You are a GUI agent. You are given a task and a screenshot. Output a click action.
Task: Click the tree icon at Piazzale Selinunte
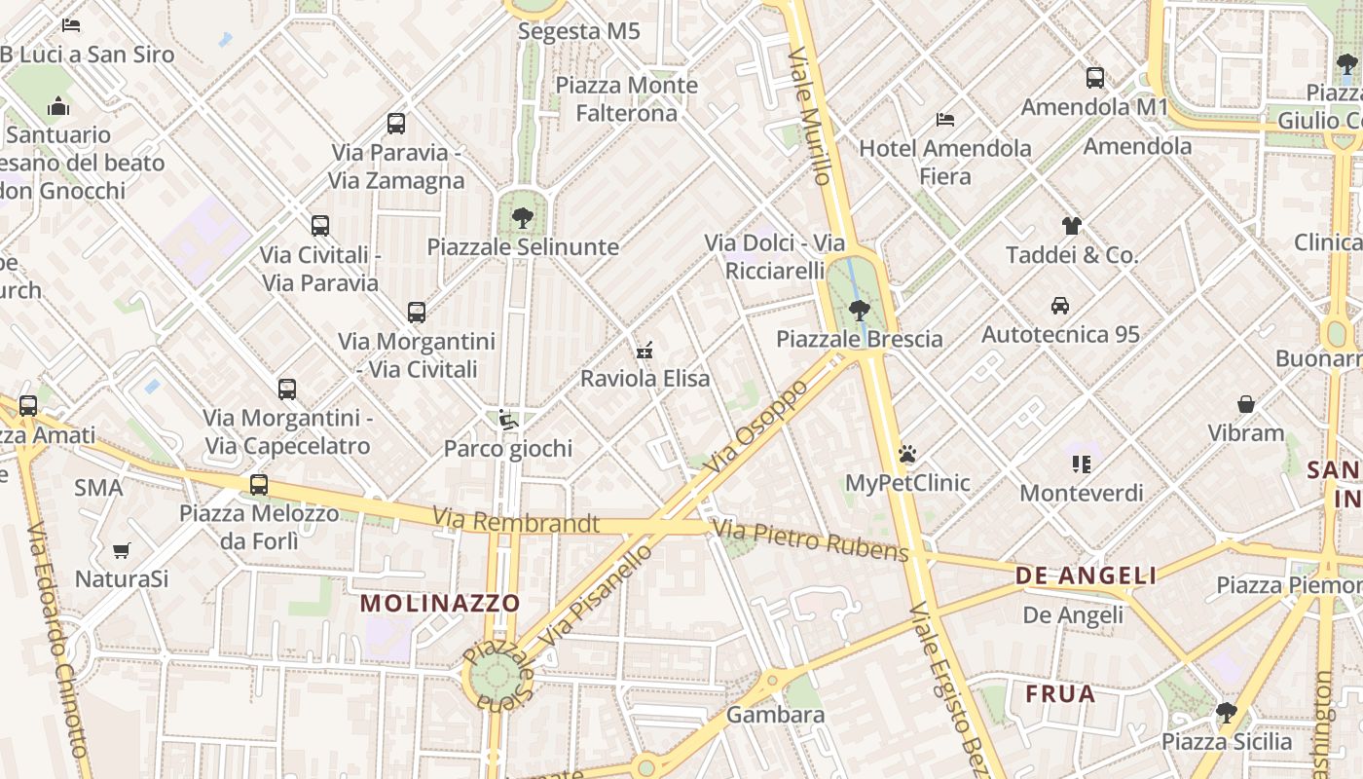pyautogui.click(x=523, y=217)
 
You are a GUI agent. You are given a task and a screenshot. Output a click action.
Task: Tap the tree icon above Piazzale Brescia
pyautogui.click(x=859, y=311)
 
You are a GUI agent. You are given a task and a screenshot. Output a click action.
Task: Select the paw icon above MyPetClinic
pyautogui.click(x=907, y=454)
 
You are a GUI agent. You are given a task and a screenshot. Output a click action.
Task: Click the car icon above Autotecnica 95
pyautogui.click(x=1060, y=306)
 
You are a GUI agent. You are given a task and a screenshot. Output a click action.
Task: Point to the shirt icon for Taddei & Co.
pyautogui.click(x=1072, y=226)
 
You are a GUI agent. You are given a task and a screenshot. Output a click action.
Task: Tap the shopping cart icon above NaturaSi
pyautogui.click(x=122, y=551)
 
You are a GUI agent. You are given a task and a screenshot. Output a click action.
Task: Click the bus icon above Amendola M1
pyautogui.click(x=1095, y=78)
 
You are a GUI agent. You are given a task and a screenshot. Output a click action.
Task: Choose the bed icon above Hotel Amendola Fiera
pyautogui.click(x=945, y=120)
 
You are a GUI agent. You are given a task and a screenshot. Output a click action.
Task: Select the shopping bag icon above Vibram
pyautogui.click(x=1245, y=404)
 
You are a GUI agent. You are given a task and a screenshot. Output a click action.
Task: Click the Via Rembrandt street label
pyautogui.click(x=516, y=522)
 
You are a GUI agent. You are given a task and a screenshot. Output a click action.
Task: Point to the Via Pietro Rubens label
pyautogui.click(x=810, y=540)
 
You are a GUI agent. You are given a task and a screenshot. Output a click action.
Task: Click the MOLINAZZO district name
pyautogui.click(x=440, y=603)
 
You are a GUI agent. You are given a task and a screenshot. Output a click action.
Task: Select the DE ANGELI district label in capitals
pyautogui.click(x=1087, y=575)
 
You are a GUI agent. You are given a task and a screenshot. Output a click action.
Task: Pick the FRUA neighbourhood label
pyautogui.click(x=1060, y=694)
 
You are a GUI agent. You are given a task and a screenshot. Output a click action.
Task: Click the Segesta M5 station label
pyautogui.click(x=579, y=31)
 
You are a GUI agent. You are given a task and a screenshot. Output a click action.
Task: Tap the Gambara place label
pyautogui.click(x=776, y=715)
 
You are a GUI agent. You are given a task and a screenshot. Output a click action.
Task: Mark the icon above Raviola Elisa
pyautogui.click(x=644, y=350)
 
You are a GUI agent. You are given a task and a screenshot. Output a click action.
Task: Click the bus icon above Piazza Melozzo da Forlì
pyautogui.click(x=259, y=484)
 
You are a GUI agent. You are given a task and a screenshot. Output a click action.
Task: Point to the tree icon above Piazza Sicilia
pyautogui.click(x=1226, y=713)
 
